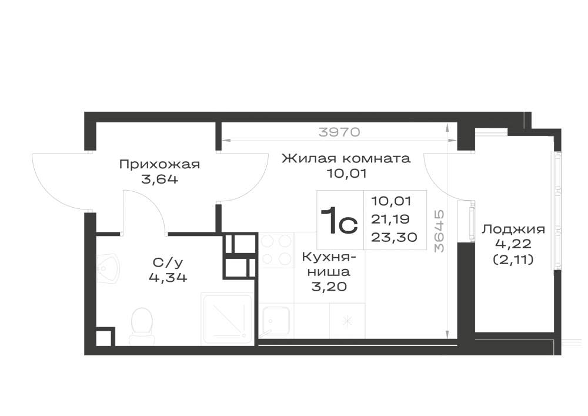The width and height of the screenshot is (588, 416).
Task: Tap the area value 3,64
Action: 160,179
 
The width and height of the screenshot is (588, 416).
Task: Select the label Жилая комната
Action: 346,158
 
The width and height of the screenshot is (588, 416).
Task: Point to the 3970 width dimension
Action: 339,132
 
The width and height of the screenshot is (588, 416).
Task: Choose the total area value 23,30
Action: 394,237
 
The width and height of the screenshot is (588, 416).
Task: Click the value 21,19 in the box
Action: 390,219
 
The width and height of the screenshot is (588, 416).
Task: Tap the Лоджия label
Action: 513,229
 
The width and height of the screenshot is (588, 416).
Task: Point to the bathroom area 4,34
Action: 168,278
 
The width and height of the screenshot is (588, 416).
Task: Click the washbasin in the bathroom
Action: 108,269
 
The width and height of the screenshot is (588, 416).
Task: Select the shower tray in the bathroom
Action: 226,319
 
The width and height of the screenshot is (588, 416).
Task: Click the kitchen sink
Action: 276,321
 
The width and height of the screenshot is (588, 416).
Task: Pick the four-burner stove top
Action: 276,250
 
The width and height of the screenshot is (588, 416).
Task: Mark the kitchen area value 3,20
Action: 329,287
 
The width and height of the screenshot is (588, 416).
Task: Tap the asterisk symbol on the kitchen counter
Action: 347,321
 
